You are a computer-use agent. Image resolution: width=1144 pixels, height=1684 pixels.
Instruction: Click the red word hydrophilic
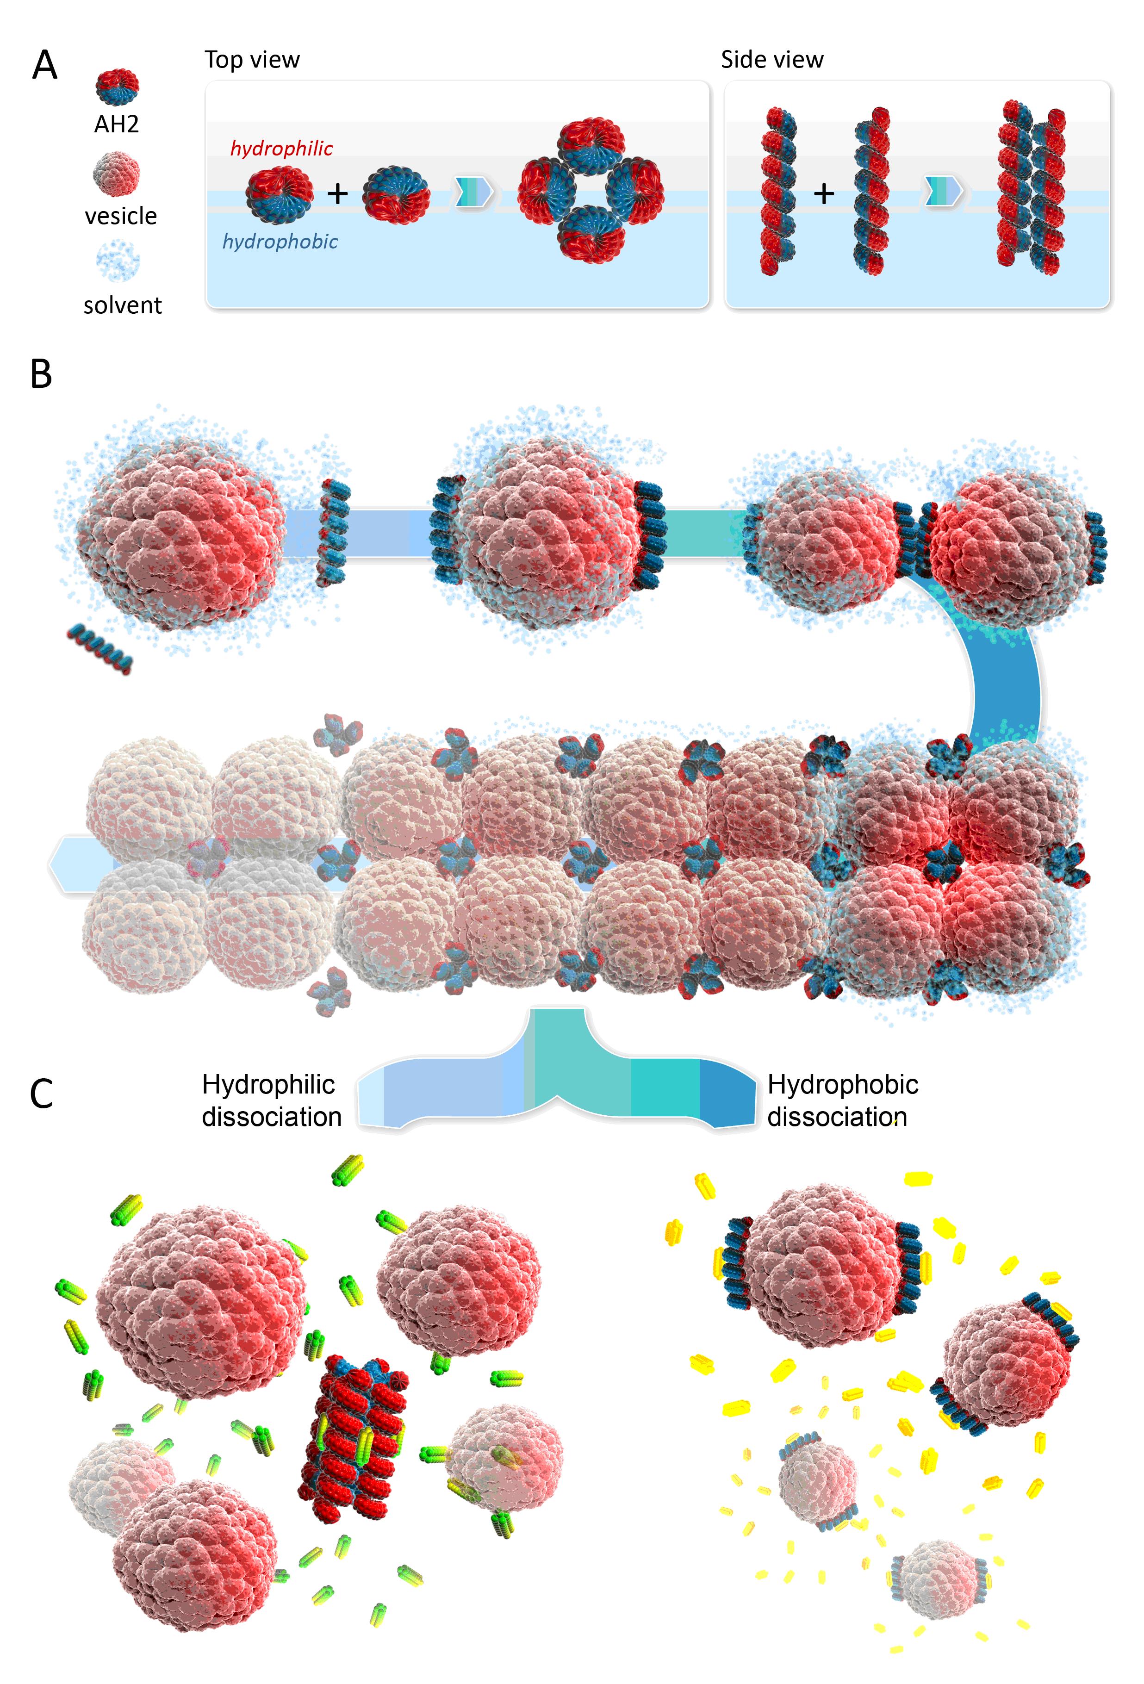(x=281, y=149)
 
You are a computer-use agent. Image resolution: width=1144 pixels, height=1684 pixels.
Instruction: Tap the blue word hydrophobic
(x=280, y=241)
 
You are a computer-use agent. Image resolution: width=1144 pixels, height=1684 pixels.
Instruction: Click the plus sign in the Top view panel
(x=338, y=193)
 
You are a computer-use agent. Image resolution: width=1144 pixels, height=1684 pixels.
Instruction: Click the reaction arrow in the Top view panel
(x=474, y=192)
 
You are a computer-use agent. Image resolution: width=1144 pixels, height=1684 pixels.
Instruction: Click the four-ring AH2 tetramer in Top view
(x=591, y=190)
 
